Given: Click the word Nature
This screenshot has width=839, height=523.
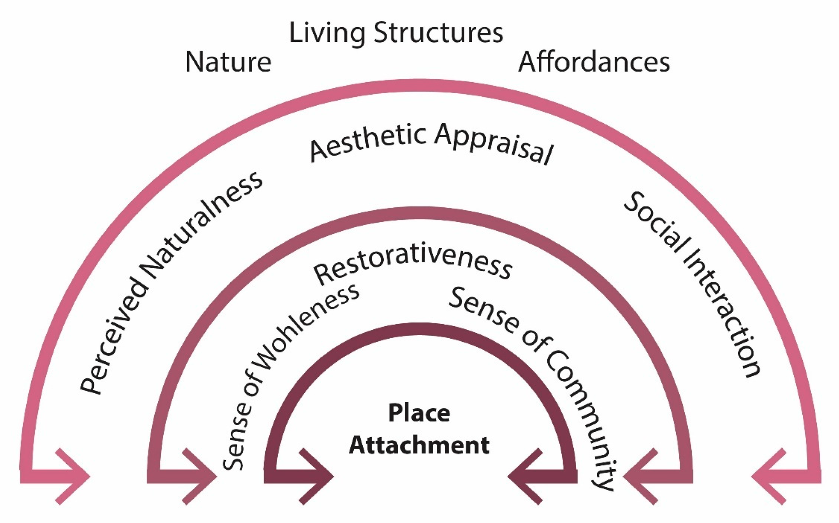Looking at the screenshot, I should click(228, 62).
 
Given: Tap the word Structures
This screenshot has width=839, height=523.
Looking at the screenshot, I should click(438, 33).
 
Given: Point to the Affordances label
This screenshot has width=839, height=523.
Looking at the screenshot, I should click(594, 62).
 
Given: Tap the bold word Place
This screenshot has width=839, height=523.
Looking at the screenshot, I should click(419, 413).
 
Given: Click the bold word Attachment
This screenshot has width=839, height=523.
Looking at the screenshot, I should click(419, 445).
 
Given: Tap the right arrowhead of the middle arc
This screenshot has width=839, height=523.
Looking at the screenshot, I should click(640, 477).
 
